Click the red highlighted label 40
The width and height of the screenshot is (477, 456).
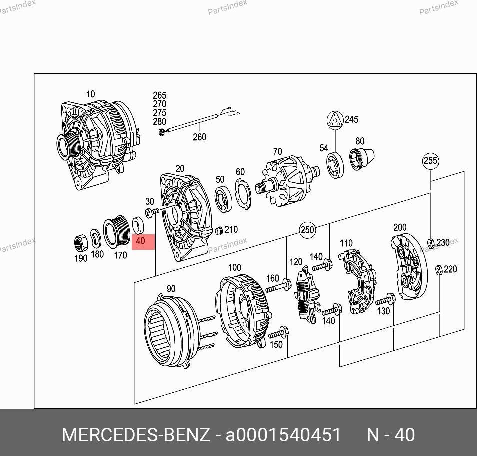[x=143, y=242]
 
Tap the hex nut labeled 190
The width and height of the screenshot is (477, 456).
[x=81, y=243]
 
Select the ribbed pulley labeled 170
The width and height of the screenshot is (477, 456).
[x=116, y=231]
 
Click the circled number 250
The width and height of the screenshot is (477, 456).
[x=307, y=230]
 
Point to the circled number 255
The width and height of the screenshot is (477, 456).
[x=430, y=160]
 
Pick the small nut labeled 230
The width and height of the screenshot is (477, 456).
[x=431, y=243]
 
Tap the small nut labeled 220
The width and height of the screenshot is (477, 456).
[x=439, y=270]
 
